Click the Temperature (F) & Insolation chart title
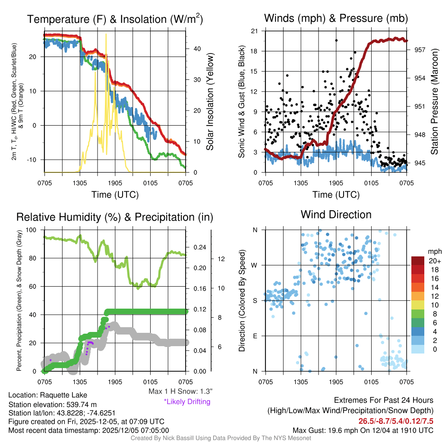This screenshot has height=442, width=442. (115, 19)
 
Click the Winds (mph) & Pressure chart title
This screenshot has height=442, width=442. (336, 18)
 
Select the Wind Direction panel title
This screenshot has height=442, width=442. (336, 215)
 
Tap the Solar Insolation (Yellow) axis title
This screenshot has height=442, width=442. (210, 102)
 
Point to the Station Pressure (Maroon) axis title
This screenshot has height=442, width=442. (435, 102)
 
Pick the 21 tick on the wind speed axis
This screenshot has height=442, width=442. (254, 31)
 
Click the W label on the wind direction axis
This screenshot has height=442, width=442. (255, 265)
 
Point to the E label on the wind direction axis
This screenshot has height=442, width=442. (255, 336)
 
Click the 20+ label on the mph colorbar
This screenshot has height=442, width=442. (434, 261)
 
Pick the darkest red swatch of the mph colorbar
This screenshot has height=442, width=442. (418, 261)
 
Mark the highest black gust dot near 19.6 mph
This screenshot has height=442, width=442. (336, 41)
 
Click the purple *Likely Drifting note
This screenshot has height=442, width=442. (186, 401)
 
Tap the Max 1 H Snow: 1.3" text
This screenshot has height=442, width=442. (180, 391)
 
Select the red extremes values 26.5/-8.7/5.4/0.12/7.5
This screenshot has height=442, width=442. (396, 421)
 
